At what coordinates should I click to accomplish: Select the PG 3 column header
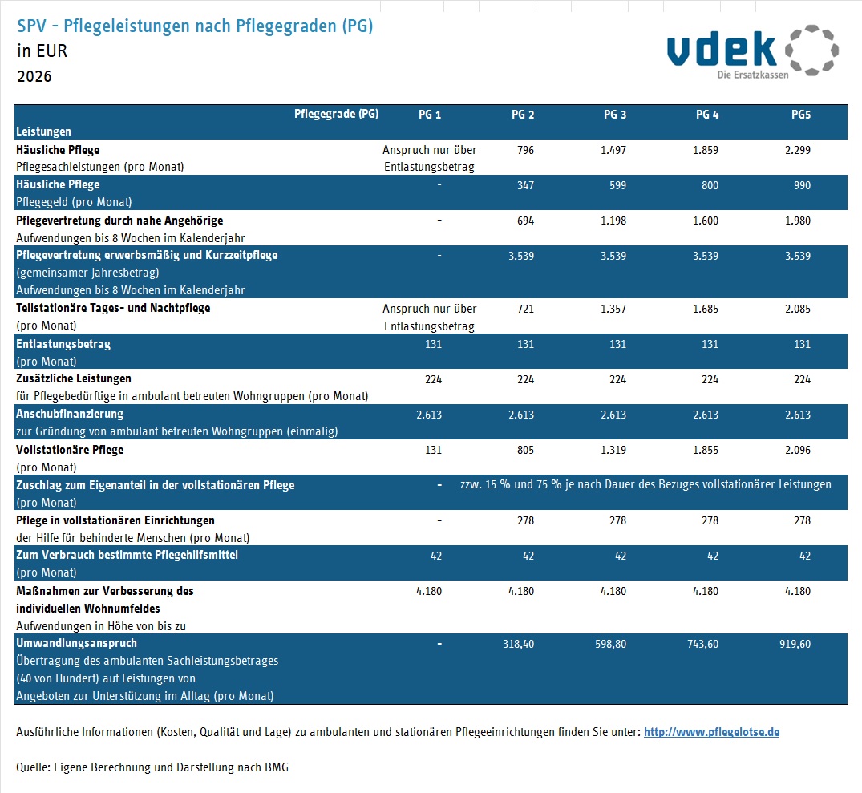pyautogui.click(x=615, y=115)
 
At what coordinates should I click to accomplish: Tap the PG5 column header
pyautogui.click(x=800, y=115)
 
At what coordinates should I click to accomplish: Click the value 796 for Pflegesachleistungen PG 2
pyautogui.click(x=525, y=150)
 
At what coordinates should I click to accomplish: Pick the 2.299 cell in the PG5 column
pyautogui.click(x=797, y=150)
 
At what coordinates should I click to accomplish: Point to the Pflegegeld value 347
pyautogui.click(x=525, y=185)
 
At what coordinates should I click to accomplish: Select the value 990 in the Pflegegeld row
pyautogui.click(x=802, y=185)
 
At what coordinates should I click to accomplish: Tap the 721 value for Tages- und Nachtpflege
pyautogui.click(x=525, y=309)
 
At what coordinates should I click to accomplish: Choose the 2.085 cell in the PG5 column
pyautogui.click(x=797, y=309)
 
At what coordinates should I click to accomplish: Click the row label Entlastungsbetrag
pyautogui.click(x=63, y=344)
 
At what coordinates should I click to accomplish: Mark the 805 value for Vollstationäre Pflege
pyautogui.click(x=525, y=450)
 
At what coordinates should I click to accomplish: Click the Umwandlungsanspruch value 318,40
pyautogui.click(x=516, y=644)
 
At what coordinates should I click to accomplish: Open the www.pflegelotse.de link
pyautogui.click(x=711, y=732)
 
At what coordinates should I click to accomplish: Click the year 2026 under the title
pyautogui.click(x=34, y=77)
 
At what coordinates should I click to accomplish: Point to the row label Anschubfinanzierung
pyautogui.click(x=70, y=415)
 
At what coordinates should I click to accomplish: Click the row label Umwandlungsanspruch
pyautogui.click(x=76, y=644)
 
